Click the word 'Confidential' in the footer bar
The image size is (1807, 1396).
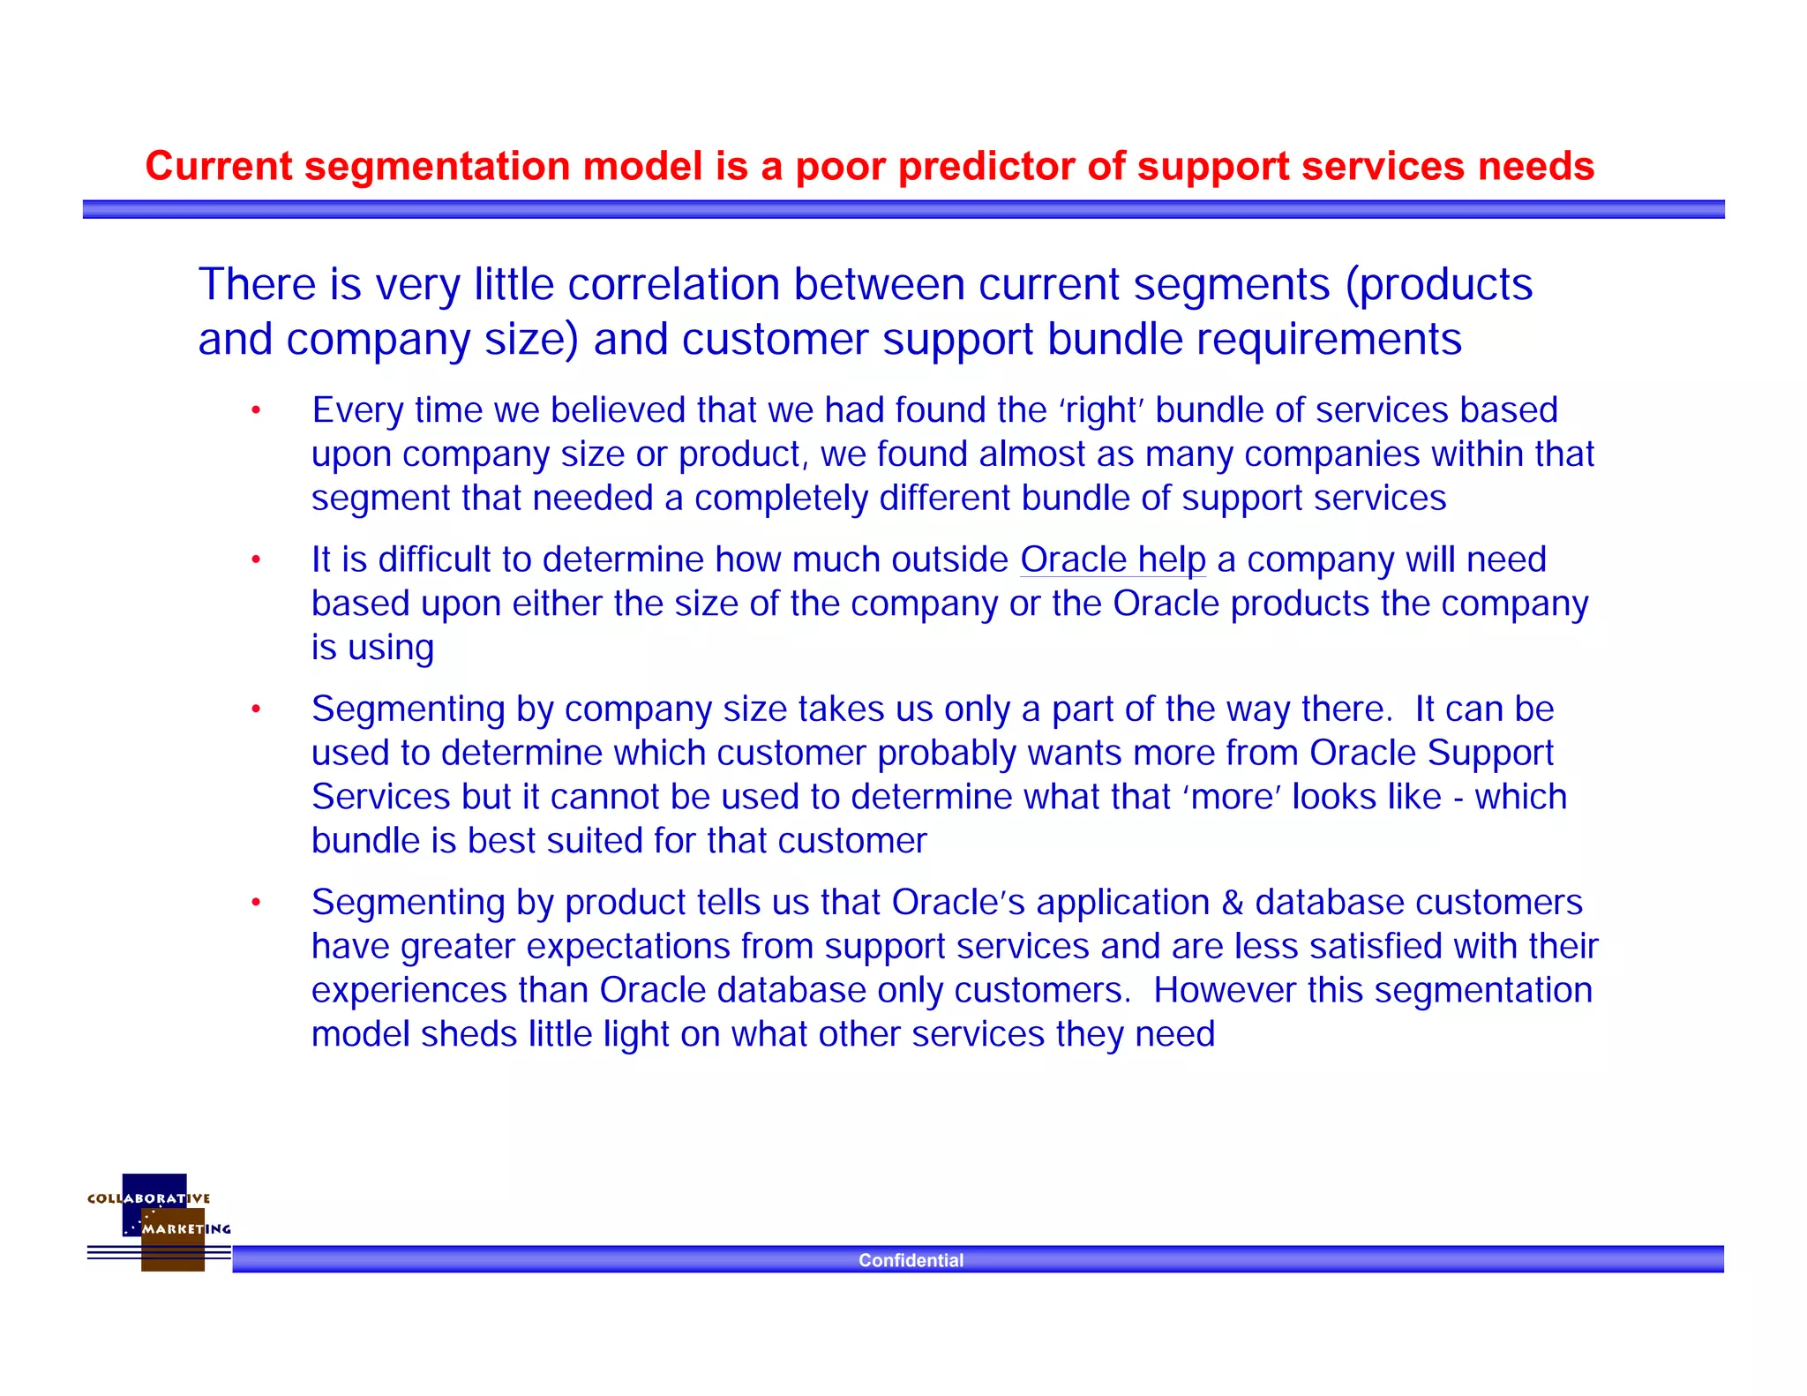point(911,1260)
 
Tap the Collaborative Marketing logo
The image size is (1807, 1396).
point(160,1221)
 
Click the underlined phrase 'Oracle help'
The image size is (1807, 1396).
point(1113,559)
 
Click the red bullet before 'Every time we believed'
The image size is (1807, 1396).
point(256,410)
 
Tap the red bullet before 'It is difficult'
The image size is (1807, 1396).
point(256,560)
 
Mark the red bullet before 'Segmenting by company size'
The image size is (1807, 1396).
point(256,709)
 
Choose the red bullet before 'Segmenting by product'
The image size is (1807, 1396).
point(256,903)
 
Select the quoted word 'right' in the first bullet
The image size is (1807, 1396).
point(1102,410)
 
